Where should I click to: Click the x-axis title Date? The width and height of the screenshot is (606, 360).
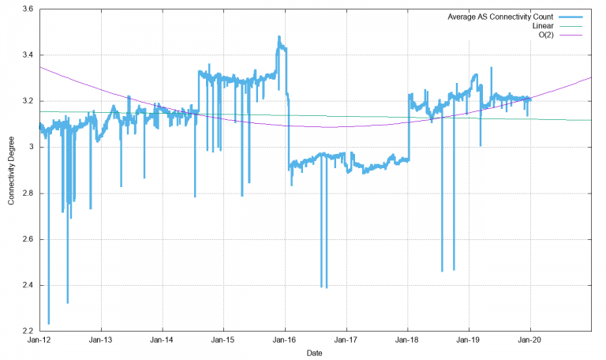(315, 353)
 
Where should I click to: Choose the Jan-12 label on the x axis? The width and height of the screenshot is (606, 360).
(39, 341)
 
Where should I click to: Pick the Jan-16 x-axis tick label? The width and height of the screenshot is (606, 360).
(285, 341)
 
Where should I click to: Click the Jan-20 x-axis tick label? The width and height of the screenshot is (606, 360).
(530, 341)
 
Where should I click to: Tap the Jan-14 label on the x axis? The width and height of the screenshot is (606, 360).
(163, 341)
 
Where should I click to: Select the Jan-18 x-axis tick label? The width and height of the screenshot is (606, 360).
(408, 341)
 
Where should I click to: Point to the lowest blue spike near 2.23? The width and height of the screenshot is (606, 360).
(49, 323)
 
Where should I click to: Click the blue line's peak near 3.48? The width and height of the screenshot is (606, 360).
(279, 36)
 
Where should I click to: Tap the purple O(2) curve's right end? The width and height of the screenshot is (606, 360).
(591, 77)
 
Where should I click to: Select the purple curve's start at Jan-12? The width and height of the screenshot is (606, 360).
(40, 67)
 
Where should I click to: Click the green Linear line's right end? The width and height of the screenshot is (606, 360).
(591, 120)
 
